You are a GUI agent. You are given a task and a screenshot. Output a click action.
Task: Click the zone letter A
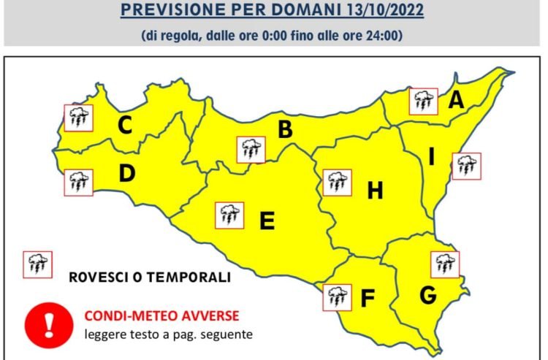click(457, 100)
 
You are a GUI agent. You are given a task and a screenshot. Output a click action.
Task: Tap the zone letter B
click(285, 130)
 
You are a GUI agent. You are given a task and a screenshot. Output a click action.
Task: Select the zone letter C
click(125, 126)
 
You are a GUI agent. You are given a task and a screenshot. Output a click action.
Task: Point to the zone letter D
click(126, 174)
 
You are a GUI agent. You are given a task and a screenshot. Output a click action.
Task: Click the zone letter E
click(267, 220)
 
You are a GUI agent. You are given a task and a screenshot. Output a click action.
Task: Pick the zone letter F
click(368, 298)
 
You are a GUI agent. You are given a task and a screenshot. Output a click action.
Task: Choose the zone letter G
click(427, 295)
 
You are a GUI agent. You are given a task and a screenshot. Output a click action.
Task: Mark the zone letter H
click(375, 191)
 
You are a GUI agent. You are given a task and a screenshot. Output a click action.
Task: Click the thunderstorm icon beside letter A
click(422, 101)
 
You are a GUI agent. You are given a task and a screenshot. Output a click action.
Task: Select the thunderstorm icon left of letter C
click(78, 117)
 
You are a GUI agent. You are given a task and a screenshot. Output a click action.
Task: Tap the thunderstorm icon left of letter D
click(78, 182)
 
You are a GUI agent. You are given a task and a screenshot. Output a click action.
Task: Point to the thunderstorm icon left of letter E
click(230, 215)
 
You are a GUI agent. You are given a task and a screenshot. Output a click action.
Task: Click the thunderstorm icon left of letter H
click(337, 182)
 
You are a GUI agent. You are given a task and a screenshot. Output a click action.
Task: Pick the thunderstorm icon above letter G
click(444, 263)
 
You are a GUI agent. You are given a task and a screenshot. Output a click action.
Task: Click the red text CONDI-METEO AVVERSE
click(161, 316)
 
